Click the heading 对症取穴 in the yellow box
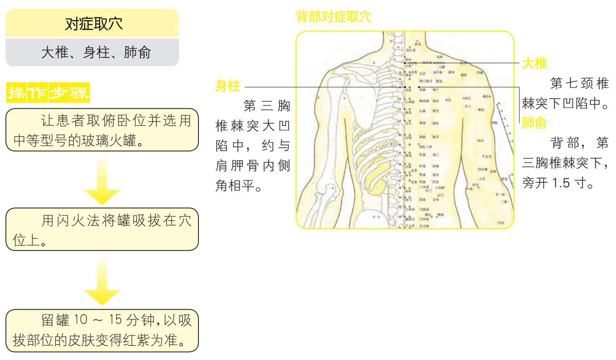point(93,24)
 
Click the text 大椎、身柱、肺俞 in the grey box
point(96,52)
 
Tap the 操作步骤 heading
point(48,92)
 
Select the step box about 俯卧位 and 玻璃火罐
point(102,130)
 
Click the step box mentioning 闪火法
point(102,229)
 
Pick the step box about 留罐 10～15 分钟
point(102,330)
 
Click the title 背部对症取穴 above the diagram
point(333,17)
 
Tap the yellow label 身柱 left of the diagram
point(228,86)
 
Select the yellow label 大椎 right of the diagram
point(534,63)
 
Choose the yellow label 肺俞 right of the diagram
point(534,123)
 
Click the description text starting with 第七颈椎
point(566,93)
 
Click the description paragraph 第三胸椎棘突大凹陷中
point(253,146)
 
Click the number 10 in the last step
point(81,320)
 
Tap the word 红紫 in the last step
point(142,340)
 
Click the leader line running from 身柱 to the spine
point(324,87)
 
